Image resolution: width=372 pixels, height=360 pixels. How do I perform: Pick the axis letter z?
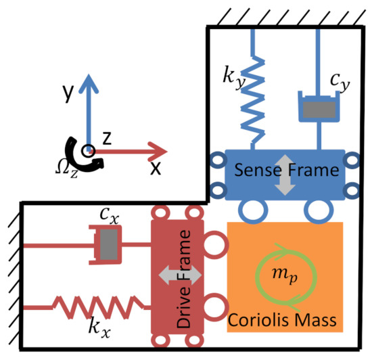[107, 138]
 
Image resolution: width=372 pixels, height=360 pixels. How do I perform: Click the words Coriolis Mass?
[285, 317]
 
